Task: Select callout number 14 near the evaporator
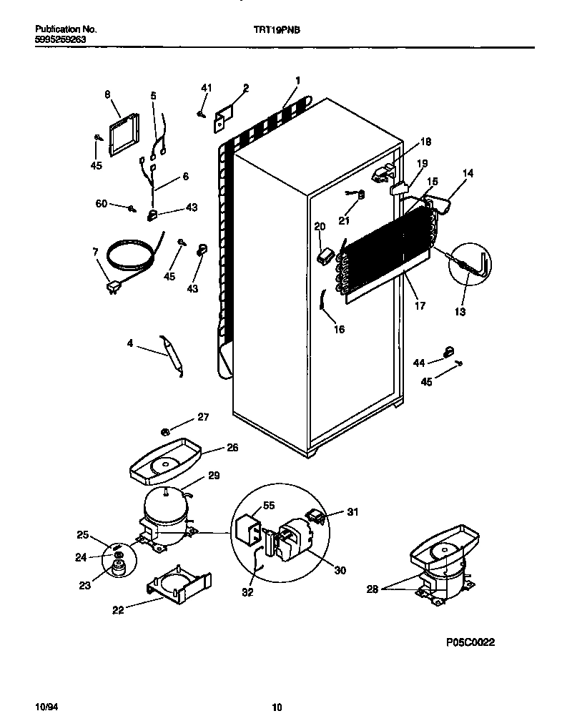pos(468,173)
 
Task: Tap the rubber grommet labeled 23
pos(117,567)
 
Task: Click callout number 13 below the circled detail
pos(460,311)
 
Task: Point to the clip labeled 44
pos(450,350)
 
